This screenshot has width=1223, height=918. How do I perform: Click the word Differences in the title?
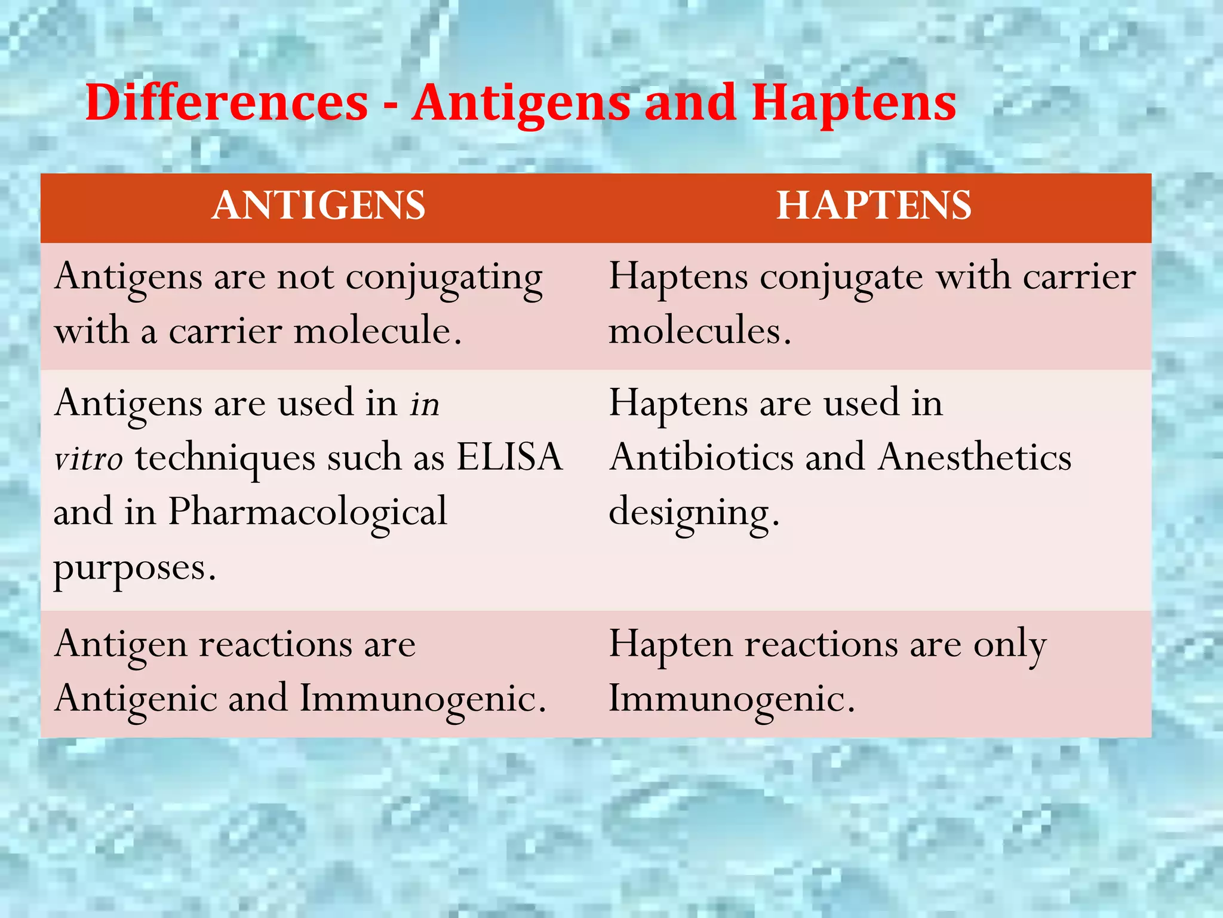[226, 103]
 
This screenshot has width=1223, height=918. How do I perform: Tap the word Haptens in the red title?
[853, 103]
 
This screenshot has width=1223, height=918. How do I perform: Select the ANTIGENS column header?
[318, 206]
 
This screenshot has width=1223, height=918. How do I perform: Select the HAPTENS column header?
[874, 206]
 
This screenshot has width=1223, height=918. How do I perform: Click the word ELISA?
[509, 457]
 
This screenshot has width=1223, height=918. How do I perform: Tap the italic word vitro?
[88, 459]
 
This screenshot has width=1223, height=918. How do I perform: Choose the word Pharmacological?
[307, 512]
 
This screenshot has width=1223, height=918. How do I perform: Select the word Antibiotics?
[702, 457]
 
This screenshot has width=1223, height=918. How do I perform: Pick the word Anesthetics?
[975, 457]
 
